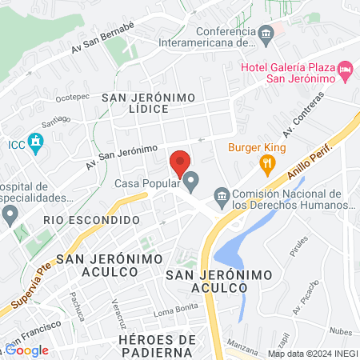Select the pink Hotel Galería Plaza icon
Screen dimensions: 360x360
point(346,70)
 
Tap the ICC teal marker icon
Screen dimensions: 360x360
point(34,144)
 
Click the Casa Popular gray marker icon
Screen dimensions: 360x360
point(190,183)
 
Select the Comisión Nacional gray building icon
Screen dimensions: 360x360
point(222,195)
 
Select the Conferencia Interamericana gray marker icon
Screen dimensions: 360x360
point(268,33)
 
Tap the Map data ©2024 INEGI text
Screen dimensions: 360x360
point(310,354)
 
